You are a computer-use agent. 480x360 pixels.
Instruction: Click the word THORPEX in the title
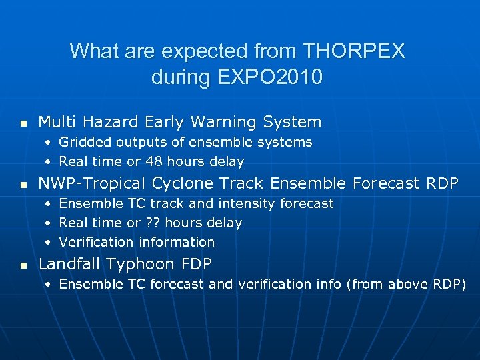(x=353, y=51)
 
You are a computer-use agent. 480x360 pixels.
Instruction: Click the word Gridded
(x=86, y=142)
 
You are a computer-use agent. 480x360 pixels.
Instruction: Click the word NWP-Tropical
(x=93, y=183)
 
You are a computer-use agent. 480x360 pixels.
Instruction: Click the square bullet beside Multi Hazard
(x=23, y=123)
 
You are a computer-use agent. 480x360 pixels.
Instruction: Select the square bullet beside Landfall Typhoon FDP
(x=23, y=265)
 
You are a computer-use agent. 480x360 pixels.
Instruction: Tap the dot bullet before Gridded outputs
(x=49, y=143)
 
